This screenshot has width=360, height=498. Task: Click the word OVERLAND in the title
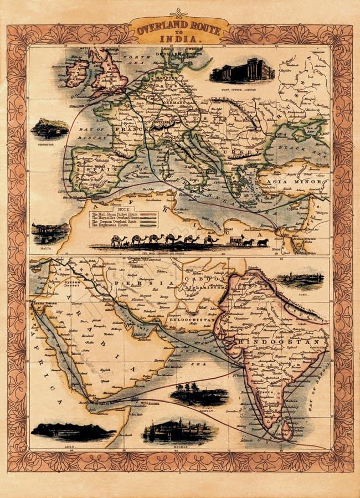coord(156,28)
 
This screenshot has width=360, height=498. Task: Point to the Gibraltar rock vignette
coord(49,129)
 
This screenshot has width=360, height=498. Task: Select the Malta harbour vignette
coord(50,233)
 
